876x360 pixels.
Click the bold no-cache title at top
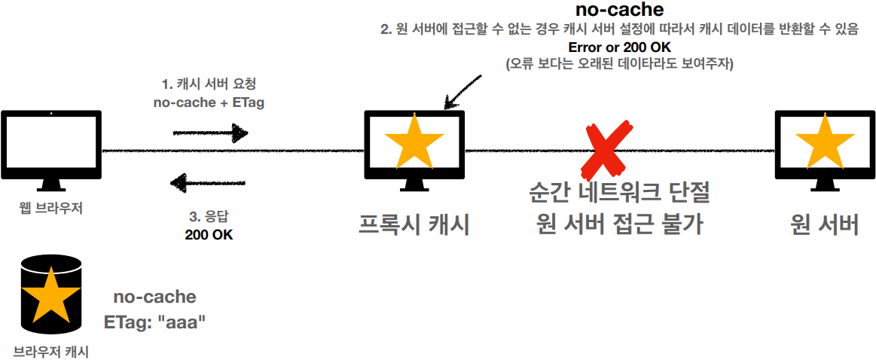(x=618, y=11)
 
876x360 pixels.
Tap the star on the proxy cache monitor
(x=414, y=141)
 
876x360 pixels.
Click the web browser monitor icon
(x=51, y=147)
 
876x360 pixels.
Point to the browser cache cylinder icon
(x=50, y=294)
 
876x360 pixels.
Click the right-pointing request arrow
(x=210, y=133)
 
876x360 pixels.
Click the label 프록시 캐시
(x=414, y=224)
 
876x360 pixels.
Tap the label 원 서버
(x=825, y=224)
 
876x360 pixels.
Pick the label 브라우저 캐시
(x=50, y=350)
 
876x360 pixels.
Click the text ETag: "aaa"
(x=155, y=322)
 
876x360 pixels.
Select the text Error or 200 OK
(x=618, y=48)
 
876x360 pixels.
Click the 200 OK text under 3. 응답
(x=209, y=234)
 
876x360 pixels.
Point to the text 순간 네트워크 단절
(x=619, y=194)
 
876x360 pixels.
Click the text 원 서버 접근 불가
(x=619, y=224)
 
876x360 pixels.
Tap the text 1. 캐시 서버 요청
(x=209, y=84)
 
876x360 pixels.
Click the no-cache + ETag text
(x=209, y=102)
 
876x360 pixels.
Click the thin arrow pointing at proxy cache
(x=463, y=90)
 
